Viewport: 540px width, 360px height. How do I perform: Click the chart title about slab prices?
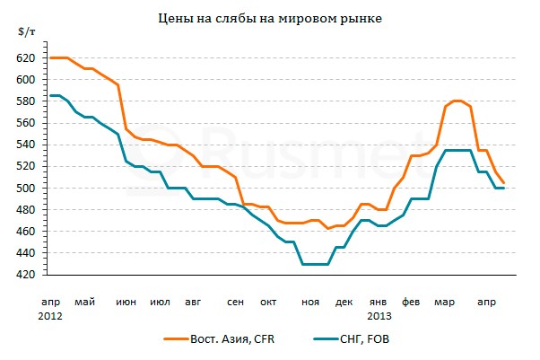point(269,19)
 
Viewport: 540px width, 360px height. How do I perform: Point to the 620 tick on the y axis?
point(25,57)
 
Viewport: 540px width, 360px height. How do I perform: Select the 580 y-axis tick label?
point(25,101)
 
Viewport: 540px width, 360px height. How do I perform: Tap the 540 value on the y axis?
point(25,145)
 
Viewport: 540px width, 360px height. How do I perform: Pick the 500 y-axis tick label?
point(25,188)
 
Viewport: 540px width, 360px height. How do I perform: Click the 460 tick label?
point(25,232)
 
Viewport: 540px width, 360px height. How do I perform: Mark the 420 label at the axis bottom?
point(25,275)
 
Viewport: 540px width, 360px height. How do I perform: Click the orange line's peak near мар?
point(457,101)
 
